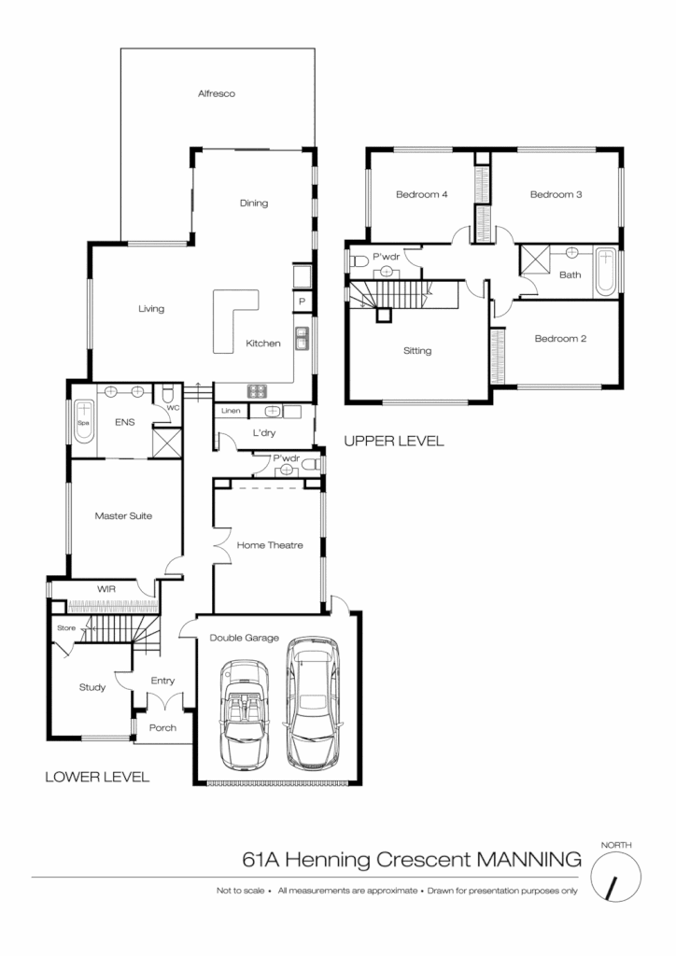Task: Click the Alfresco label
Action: click(216, 94)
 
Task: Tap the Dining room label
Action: click(254, 203)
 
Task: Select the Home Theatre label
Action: click(270, 545)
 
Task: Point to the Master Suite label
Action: click(123, 515)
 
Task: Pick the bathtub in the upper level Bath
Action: click(606, 270)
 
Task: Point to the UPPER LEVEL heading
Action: click(394, 441)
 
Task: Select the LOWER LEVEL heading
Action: click(97, 776)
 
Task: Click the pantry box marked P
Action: click(302, 302)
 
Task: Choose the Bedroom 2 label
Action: click(560, 339)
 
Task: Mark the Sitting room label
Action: click(417, 351)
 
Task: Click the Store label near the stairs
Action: click(65, 628)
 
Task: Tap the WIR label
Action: click(106, 588)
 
